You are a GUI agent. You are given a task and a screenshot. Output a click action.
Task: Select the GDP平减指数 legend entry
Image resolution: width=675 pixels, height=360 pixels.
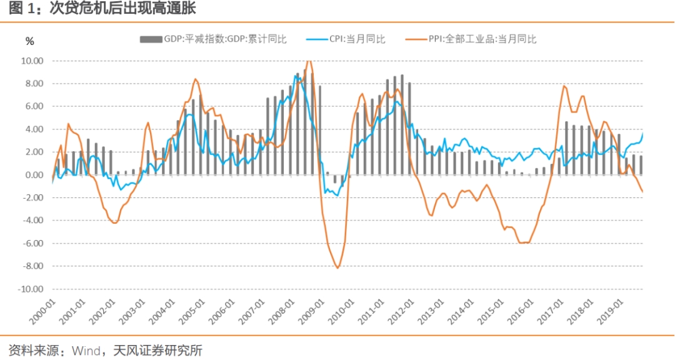tap(212, 39)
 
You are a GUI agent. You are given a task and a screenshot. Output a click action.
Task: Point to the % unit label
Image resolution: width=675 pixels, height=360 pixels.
tap(29, 41)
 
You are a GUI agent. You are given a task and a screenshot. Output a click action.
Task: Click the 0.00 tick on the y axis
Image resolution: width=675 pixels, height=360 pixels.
tap(34, 175)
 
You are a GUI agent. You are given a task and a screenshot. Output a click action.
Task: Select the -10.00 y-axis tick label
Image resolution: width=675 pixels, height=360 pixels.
tap(30, 289)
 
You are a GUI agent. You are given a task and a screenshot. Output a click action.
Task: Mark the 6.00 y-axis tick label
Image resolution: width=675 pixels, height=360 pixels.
tap(34, 107)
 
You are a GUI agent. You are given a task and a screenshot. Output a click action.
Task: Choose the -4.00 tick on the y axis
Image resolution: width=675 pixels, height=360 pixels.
tap(32, 221)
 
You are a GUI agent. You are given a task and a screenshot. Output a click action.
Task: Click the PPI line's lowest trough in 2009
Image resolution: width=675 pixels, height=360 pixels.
tap(338, 268)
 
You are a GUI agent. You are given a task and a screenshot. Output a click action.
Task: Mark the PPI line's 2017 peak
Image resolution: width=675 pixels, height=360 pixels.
tap(564, 86)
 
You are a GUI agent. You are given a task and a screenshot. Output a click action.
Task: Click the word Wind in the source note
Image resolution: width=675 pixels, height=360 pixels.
tap(86, 350)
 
